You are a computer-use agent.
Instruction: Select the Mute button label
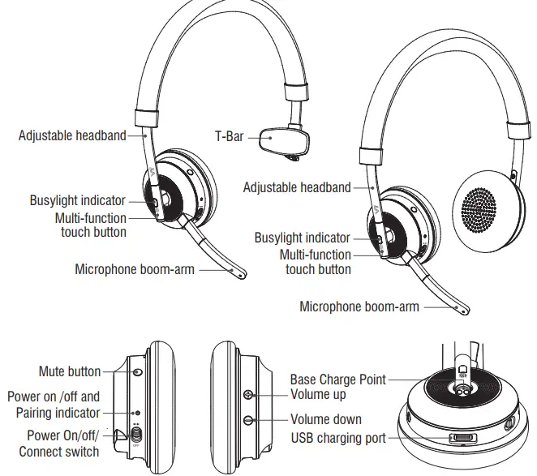coord(69,371)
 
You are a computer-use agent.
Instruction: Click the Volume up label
coord(318,394)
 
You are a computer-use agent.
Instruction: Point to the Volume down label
coord(326,420)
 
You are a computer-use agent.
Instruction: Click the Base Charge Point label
coord(337,379)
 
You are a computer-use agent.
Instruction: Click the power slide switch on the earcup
coord(136,436)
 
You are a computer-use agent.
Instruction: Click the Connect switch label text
coord(59,451)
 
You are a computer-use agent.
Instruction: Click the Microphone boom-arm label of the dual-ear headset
coord(359,307)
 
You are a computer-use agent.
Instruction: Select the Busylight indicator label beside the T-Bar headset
coord(78,200)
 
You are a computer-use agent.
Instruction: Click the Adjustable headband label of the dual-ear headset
coord(297,187)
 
